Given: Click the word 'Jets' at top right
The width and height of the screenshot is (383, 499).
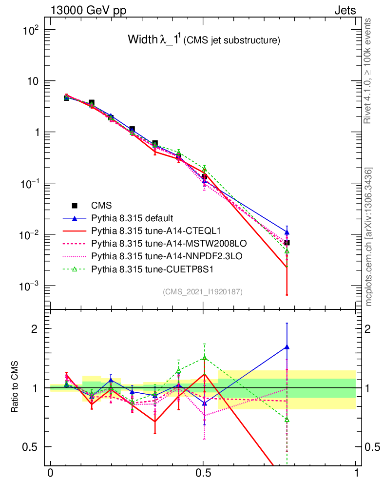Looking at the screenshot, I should click(345, 10).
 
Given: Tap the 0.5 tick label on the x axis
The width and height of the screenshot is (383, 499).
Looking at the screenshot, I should click(203, 474).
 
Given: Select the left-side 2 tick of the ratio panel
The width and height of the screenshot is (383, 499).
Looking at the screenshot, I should click(35, 328).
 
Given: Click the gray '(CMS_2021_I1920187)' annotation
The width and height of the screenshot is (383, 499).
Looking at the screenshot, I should click(203, 292).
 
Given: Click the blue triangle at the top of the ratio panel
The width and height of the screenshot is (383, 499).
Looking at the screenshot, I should click(287, 347).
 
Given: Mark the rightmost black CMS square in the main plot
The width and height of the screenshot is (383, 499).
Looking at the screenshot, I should click(287, 243).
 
